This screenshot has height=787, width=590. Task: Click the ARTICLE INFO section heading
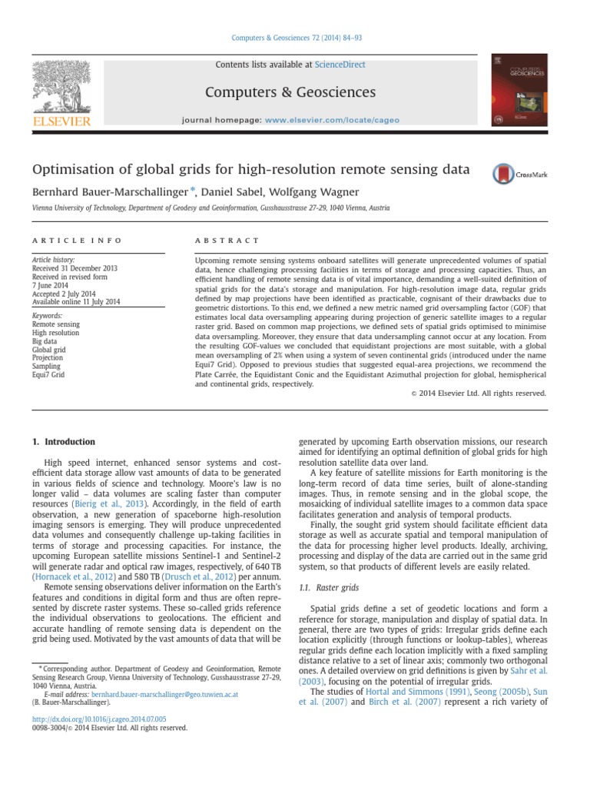[77, 241]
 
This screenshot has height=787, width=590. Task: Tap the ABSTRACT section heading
[228, 241]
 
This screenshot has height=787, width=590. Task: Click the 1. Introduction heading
[64, 442]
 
